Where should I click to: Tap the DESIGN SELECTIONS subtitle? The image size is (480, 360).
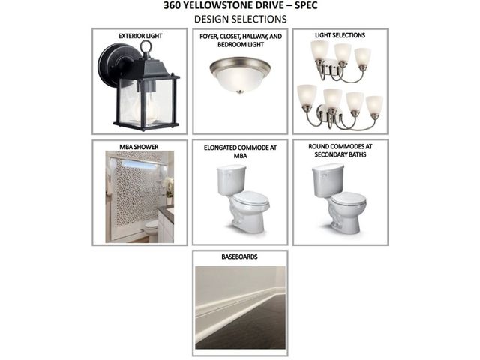tap(240, 19)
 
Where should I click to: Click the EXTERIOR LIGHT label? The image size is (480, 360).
tap(140, 36)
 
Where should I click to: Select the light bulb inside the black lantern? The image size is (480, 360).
tap(146, 105)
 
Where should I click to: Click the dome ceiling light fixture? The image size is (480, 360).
tap(240, 75)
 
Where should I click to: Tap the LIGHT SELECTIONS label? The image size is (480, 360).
tap(340, 35)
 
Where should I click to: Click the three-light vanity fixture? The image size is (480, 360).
tap(340, 61)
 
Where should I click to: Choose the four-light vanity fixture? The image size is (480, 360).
tap(340, 106)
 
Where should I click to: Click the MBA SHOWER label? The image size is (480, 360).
tap(139, 147)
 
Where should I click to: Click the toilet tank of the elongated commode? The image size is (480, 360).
tap(232, 179)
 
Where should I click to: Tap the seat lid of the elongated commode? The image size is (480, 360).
tap(252, 199)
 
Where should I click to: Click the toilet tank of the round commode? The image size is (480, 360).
tap(328, 180)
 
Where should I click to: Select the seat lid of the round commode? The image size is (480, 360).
tap(349, 199)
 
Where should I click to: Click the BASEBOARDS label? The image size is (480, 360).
tap(240, 256)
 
